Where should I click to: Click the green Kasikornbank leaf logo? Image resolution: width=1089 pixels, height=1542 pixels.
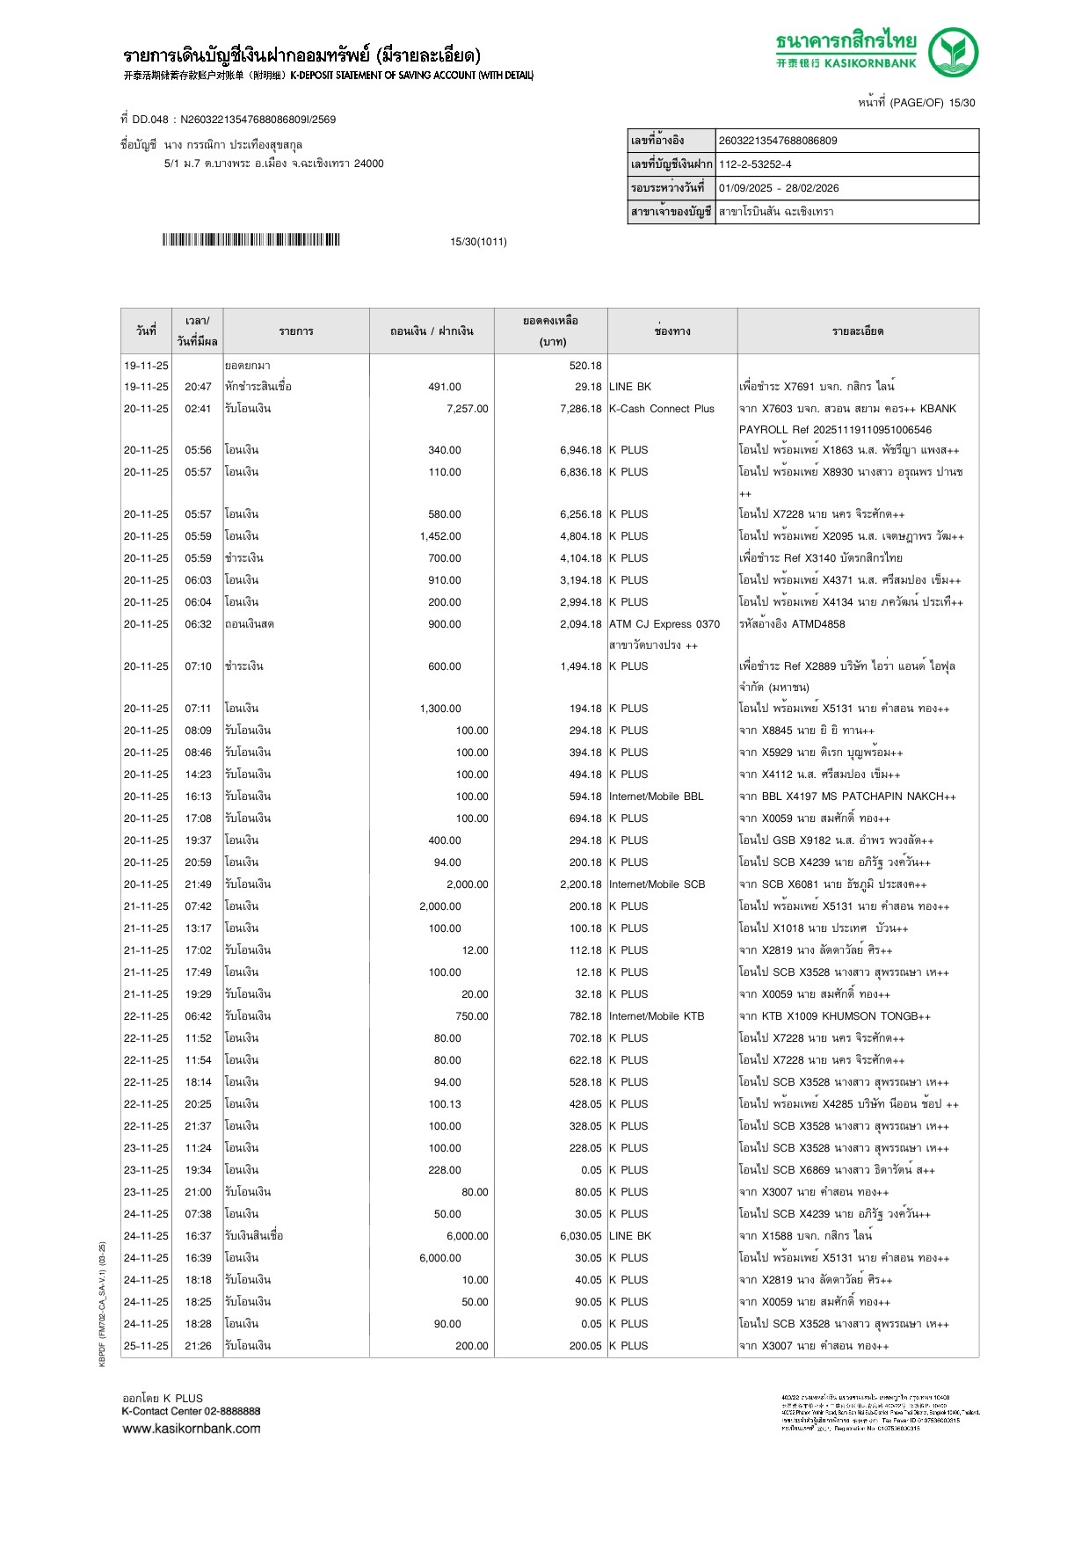[x=953, y=51]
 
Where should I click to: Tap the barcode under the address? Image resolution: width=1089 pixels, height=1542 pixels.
[x=250, y=240]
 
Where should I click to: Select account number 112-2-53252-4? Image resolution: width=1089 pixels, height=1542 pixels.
[x=755, y=164]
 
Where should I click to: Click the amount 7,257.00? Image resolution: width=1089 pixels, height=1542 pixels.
[x=467, y=409]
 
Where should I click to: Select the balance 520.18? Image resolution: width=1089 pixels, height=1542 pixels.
[x=585, y=366]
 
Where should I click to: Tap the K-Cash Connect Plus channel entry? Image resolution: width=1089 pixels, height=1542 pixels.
[x=661, y=409]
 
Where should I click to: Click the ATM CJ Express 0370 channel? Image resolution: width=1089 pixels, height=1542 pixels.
[x=664, y=624]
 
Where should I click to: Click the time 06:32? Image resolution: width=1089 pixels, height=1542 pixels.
[x=198, y=624]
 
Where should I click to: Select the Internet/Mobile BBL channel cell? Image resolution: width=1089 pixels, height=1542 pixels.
[x=656, y=796]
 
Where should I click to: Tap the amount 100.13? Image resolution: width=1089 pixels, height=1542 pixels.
[x=445, y=1104]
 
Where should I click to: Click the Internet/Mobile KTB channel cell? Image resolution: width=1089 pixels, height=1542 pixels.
[x=657, y=1016]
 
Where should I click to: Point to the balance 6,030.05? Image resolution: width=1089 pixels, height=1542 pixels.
[x=581, y=1236]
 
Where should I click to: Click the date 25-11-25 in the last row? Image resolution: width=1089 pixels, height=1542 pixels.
[x=146, y=1346]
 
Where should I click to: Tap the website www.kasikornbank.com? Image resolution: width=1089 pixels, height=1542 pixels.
[x=192, y=1429]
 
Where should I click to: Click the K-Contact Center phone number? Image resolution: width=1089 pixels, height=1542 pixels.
[x=231, y=1411]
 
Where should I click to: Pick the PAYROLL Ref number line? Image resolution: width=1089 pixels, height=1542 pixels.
[x=835, y=430]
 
